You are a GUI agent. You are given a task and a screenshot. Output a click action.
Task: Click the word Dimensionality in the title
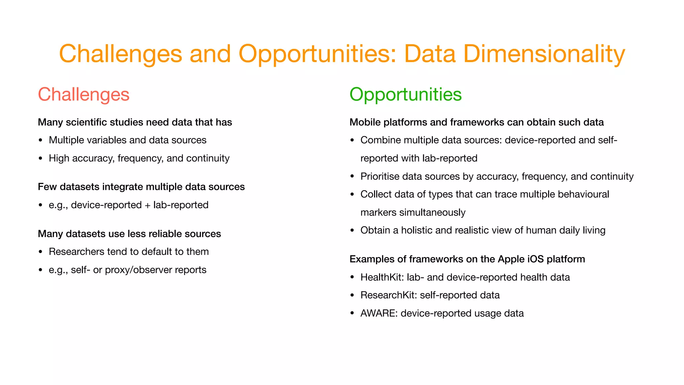[544, 54]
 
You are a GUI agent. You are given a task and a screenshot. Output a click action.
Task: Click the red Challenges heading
[83, 95]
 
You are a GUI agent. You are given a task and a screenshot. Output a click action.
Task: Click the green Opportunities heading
[405, 95]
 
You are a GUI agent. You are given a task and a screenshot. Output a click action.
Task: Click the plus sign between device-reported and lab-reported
[148, 205]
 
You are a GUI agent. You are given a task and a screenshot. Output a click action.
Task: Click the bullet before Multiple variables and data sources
[40, 140]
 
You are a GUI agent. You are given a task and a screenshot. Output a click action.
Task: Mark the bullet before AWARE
[352, 313]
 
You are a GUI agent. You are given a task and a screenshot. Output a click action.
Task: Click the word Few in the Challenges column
[47, 187]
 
